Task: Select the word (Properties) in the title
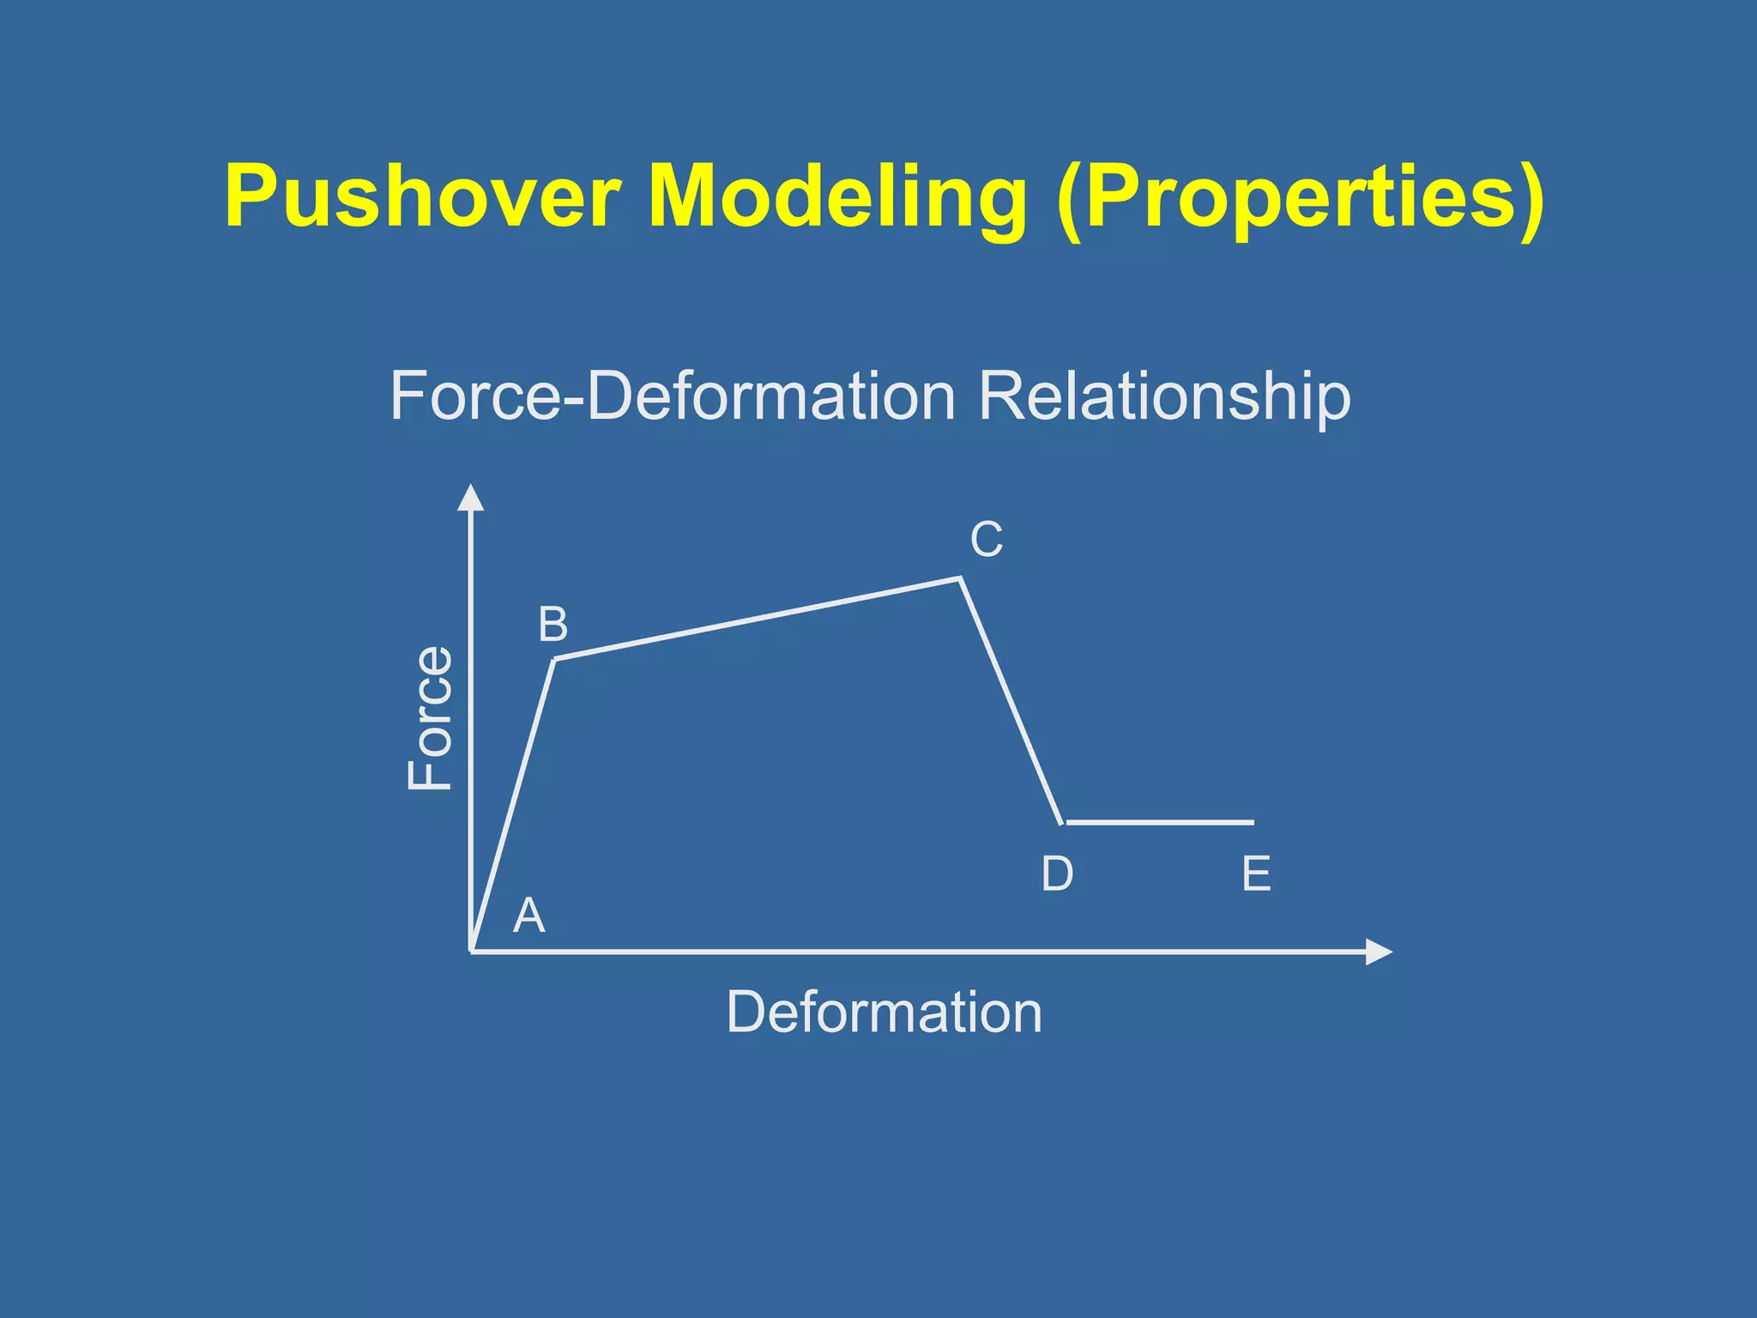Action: (x=1301, y=199)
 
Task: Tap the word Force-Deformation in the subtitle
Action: (x=673, y=396)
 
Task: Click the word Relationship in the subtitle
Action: (x=1164, y=398)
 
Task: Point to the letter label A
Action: (x=528, y=916)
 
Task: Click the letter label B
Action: (x=552, y=625)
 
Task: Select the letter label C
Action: (x=986, y=540)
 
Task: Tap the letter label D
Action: (x=1057, y=874)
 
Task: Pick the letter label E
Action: (x=1256, y=874)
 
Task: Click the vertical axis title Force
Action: (x=429, y=717)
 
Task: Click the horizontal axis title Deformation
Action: (x=884, y=1013)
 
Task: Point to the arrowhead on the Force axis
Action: (x=470, y=497)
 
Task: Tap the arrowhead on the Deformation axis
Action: (x=1378, y=952)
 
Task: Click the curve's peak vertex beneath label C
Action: (x=960, y=579)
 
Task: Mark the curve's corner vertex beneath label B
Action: (x=555, y=659)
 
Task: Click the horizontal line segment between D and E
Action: (x=1160, y=822)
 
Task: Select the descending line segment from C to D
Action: (x=1011, y=700)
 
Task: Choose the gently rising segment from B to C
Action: (x=758, y=619)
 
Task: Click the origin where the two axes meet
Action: (x=471, y=952)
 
